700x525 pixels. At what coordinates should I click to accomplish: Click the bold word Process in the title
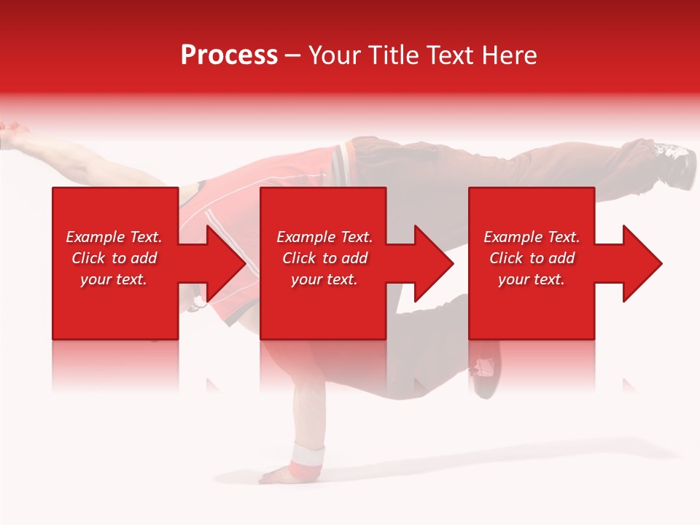click(229, 55)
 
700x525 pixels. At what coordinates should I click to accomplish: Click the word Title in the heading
click(395, 55)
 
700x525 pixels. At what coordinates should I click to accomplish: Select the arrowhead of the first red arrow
click(226, 263)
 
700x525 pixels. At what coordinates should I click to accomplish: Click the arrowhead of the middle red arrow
click(434, 263)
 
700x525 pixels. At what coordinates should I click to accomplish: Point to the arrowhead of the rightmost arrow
click(642, 263)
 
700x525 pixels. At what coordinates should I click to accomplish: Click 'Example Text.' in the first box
click(114, 237)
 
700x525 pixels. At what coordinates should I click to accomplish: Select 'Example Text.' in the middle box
click(324, 237)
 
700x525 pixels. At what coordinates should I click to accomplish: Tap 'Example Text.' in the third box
click(532, 237)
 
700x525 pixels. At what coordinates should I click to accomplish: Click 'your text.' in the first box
click(114, 279)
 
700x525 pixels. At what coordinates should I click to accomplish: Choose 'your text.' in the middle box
click(324, 279)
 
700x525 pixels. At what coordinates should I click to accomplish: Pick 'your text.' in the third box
click(532, 279)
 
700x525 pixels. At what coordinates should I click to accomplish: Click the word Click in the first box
click(88, 258)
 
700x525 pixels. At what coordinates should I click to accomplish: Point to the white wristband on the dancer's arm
click(307, 457)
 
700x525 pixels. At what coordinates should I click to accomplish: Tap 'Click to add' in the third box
click(532, 258)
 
